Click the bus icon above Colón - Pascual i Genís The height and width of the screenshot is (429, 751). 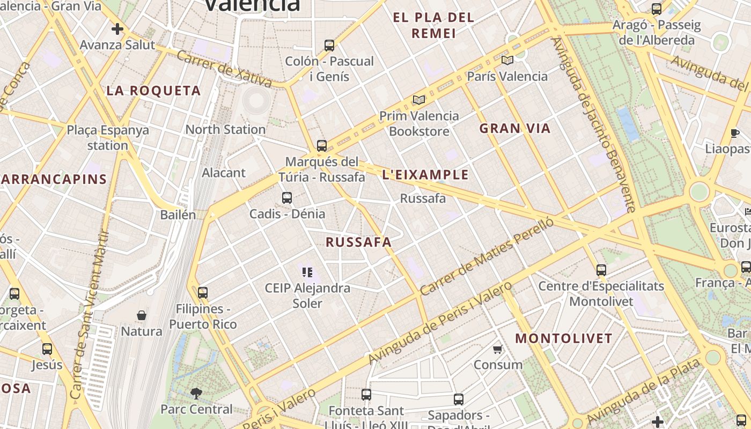(329, 46)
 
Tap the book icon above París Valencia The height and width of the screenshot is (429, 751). (507, 60)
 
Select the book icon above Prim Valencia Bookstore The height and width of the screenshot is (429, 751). (419, 100)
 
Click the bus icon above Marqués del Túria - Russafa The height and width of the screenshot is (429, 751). (322, 145)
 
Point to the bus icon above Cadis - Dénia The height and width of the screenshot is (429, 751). (287, 198)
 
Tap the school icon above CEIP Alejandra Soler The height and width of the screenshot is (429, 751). (307, 272)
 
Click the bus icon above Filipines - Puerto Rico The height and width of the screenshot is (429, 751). (203, 293)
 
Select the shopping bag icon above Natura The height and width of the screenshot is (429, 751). (142, 315)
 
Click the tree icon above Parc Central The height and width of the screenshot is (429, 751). (196, 394)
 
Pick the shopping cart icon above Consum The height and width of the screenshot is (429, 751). (498, 349)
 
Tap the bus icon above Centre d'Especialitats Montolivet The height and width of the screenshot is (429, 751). (601, 270)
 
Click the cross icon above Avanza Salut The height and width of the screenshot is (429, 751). (117, 29)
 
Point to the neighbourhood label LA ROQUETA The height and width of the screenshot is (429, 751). (153, 91)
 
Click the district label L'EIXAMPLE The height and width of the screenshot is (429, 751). (425, 175)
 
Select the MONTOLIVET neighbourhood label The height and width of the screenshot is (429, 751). (564, 338)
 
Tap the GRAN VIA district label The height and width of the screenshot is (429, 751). (515, 129)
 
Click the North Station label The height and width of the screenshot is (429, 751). (225, 129)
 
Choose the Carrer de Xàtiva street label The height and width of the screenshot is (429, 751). (224, 69)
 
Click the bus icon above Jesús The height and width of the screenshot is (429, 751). (47, 349)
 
